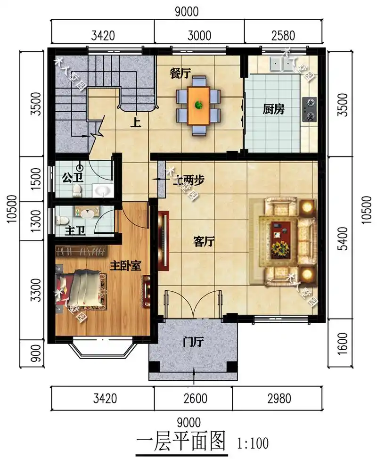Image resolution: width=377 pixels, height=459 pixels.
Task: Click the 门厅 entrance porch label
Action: [193, 343]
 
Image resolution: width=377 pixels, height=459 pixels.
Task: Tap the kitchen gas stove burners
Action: [311, 107]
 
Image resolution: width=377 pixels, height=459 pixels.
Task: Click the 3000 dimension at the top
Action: [199, 35]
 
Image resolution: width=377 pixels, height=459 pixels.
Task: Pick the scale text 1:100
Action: [253, 443]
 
